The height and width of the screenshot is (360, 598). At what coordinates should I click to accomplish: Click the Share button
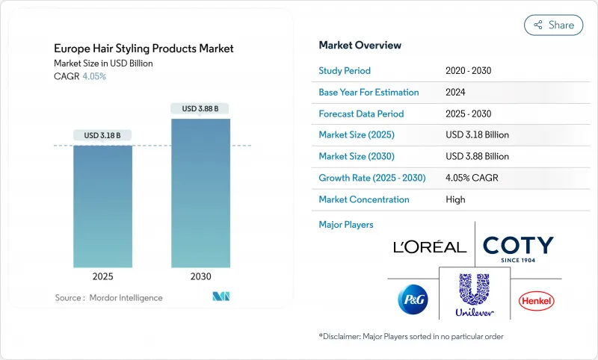click(x=554, y=25)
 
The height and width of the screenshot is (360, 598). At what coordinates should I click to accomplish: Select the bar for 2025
click(x=102, y=206)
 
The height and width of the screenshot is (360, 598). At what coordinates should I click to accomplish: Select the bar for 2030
click(x=200, y=193)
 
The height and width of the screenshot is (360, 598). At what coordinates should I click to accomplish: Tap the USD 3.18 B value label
click(x=102, y=135)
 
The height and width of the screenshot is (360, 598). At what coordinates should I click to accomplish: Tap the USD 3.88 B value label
click(x=200, y=108)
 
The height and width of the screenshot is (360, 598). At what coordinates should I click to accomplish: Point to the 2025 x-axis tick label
click(x=102, y=276)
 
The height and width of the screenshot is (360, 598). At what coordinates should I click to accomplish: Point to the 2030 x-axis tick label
click(x=200, y=276)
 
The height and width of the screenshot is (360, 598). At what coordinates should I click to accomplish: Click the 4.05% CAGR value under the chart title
click(x=93, y=77)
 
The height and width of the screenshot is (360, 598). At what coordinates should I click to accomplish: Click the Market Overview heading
click(x=360, y=46)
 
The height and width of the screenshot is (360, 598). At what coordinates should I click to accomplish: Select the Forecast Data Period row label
click(x=361, y=114)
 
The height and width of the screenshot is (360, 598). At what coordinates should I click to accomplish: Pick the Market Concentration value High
click(x=455, y=199)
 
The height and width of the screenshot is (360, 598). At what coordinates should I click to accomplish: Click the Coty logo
click(x=518, y=246)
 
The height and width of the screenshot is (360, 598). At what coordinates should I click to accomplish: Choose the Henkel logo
click(x=537, y=301)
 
